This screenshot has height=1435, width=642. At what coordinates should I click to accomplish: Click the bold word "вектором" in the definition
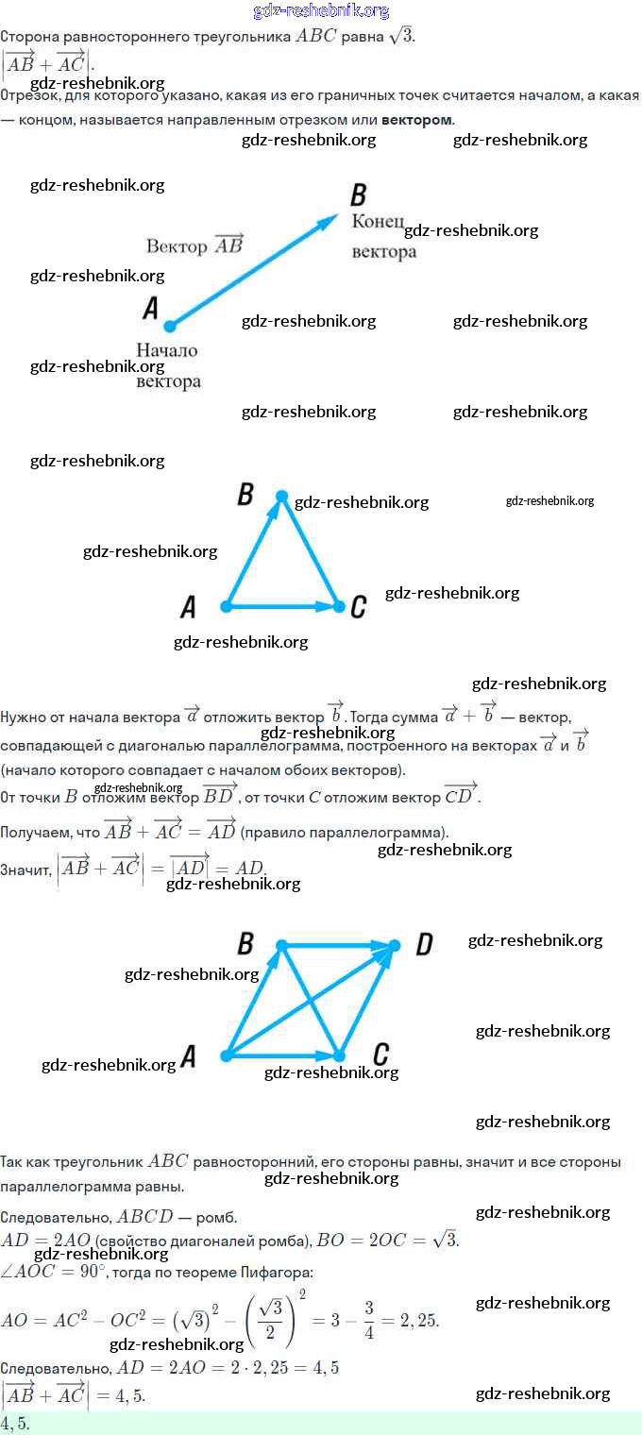(417, 120)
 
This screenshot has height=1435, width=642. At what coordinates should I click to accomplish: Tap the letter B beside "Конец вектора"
(358, 195)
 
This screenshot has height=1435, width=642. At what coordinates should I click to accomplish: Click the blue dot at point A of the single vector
(170, 327)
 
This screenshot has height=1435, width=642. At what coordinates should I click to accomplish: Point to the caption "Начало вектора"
(168, 365)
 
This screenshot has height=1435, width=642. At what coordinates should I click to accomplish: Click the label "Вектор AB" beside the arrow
(194, 245)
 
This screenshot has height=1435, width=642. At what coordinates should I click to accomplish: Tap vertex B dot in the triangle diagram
(281, 496)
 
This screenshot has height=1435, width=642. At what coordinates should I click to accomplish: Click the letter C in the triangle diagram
(358, 607)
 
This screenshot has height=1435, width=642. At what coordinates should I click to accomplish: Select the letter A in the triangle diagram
(188, 607)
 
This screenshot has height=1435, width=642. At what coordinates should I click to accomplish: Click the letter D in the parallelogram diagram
(424, 944)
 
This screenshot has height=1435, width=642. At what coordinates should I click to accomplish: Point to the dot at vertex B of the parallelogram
(281, 945)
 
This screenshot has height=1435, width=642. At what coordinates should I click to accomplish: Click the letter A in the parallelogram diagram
(188, 1056)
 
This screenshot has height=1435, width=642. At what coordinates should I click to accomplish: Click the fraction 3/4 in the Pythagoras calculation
(369, 1319)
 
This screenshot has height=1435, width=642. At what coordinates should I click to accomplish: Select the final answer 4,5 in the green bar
(15, 1424)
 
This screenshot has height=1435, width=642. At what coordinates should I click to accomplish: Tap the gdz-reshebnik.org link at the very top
(321, 10)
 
